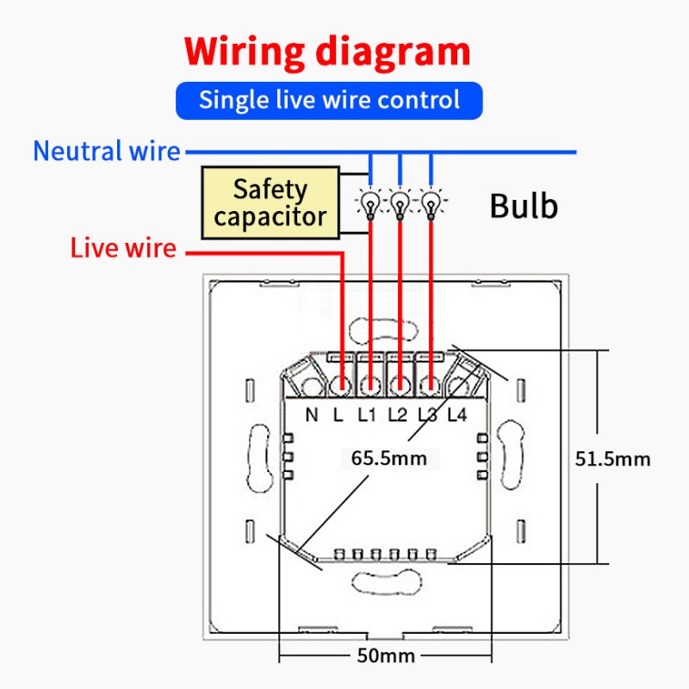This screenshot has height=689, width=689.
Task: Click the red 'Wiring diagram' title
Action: [327, 52]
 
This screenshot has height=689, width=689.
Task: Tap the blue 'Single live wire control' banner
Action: [329, 101]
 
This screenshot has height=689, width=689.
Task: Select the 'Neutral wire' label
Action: [107, 152]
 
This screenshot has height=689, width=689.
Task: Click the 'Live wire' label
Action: [123, 248]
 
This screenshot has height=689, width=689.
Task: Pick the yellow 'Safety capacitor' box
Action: [270, 202]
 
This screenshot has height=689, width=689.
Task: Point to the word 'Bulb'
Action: [524, 206]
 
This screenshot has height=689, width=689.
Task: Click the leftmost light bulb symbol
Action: [370, 203]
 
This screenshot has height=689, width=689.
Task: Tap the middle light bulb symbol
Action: [400, 203]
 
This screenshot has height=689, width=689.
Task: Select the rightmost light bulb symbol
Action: [431, 203]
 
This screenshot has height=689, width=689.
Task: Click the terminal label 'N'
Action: [312, 415]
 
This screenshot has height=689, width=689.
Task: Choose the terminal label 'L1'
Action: [367, 415]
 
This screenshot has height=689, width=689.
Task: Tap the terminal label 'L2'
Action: [398, 415]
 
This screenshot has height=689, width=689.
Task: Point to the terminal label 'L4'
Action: [457, 415]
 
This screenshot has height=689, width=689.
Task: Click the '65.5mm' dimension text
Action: [389, 458]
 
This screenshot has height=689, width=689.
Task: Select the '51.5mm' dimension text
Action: [612, 459]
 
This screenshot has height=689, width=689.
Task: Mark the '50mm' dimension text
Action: [386, 655]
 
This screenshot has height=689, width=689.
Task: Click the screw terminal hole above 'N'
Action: [313, 387]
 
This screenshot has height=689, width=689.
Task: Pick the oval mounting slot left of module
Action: [258, 458]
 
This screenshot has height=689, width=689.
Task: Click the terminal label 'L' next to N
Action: [338, 415]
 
